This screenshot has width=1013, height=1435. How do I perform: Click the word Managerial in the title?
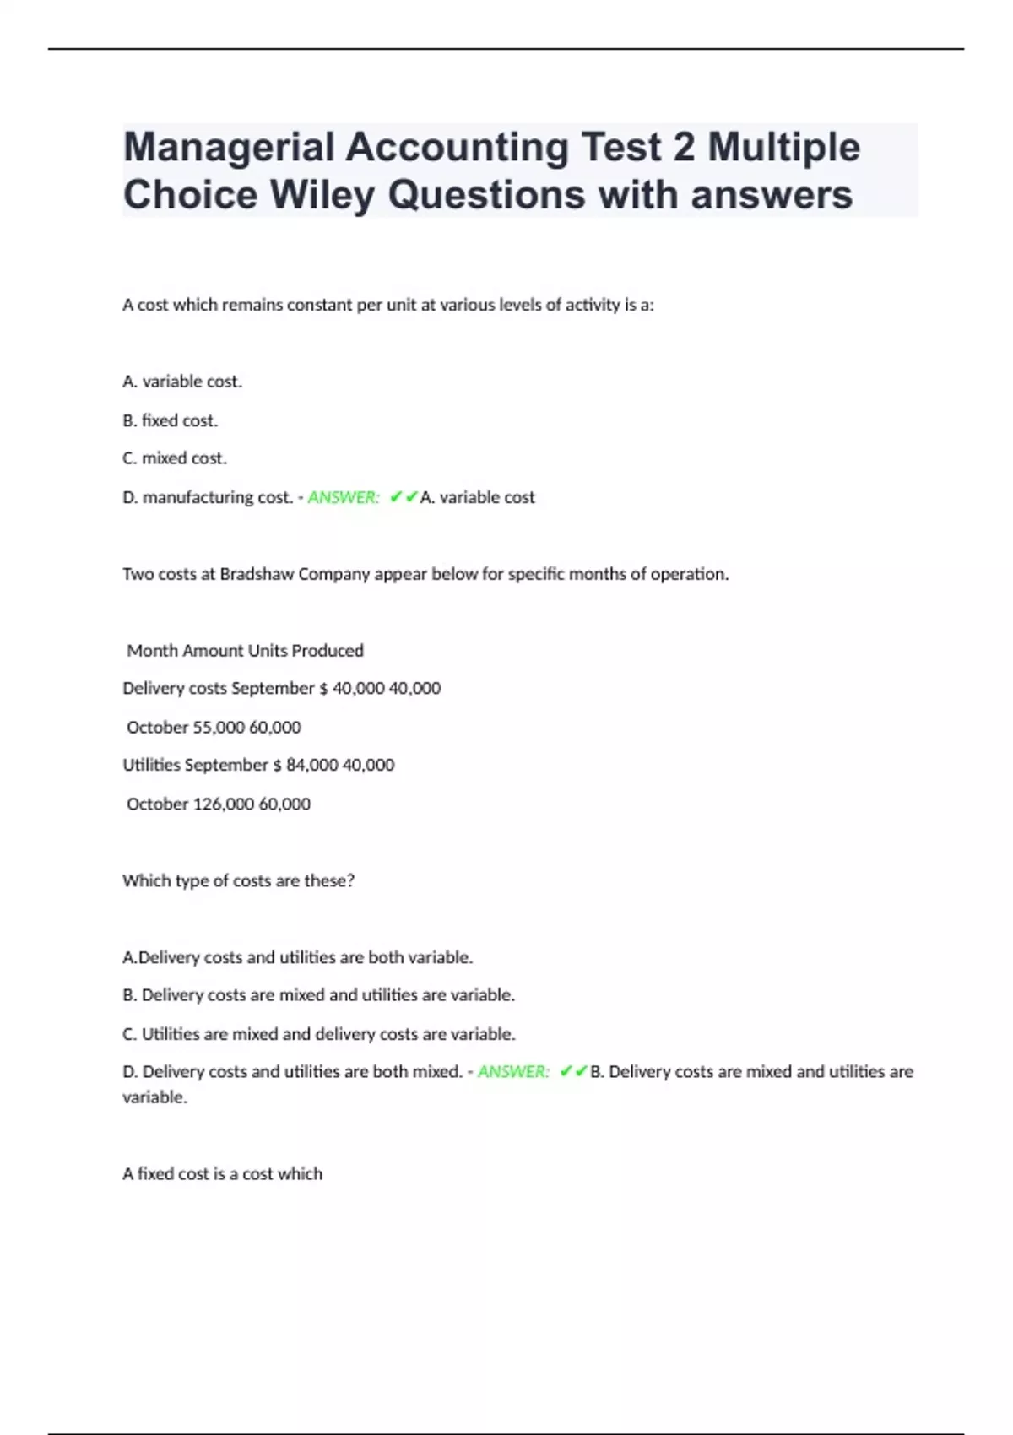point(229,148)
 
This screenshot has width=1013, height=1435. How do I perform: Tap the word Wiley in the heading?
point(322,195)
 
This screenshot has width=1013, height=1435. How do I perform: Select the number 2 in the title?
point(684,148)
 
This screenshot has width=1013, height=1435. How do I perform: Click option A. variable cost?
point(182,382)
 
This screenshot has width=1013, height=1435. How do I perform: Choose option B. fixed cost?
point(170,420)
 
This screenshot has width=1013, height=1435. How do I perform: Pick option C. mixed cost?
point(175,458)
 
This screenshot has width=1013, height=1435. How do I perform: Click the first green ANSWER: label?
point(344,497)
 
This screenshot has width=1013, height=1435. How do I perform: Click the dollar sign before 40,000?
point(323,689)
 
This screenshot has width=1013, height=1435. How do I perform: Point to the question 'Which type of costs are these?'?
point(238,880)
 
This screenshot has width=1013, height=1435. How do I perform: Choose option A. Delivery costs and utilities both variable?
point(297,957)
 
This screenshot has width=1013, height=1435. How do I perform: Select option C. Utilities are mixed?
point(318,1034)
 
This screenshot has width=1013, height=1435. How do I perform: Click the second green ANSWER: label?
point(513,1072)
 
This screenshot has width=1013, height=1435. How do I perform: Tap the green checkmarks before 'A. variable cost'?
point(404,497)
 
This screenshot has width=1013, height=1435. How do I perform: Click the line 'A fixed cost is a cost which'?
point(222,1173)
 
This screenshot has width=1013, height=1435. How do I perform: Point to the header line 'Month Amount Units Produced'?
point(245,651)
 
